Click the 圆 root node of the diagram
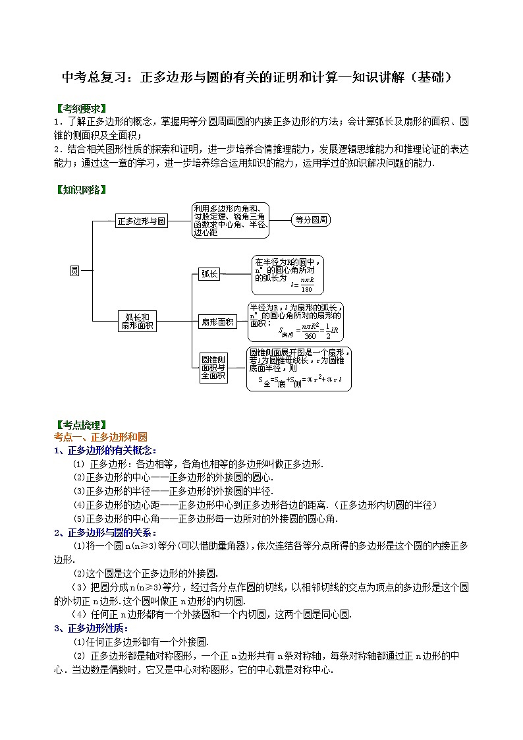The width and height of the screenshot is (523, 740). point(74,270)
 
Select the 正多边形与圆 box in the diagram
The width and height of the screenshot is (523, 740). point(142,221)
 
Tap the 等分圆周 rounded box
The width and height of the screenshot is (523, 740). point(311,220)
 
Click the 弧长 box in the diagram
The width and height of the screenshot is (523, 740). point(209,273)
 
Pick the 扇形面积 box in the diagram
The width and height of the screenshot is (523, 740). point(217,322)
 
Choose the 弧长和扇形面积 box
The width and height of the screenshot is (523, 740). point(138,321)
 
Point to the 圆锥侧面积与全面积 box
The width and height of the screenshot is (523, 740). point(213,368)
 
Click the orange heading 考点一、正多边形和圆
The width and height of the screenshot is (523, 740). point(100,437)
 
